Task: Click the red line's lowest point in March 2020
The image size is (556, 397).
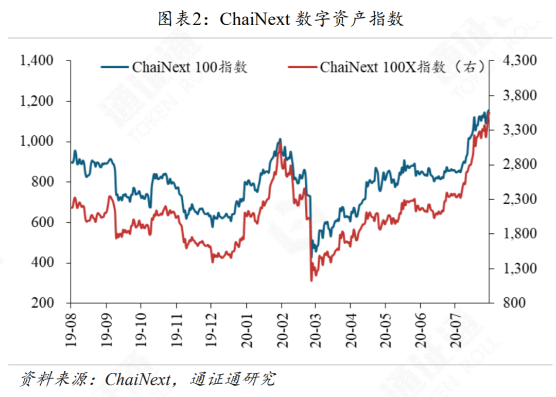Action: (311, 280)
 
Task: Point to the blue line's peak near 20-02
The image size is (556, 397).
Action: (280, 139)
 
